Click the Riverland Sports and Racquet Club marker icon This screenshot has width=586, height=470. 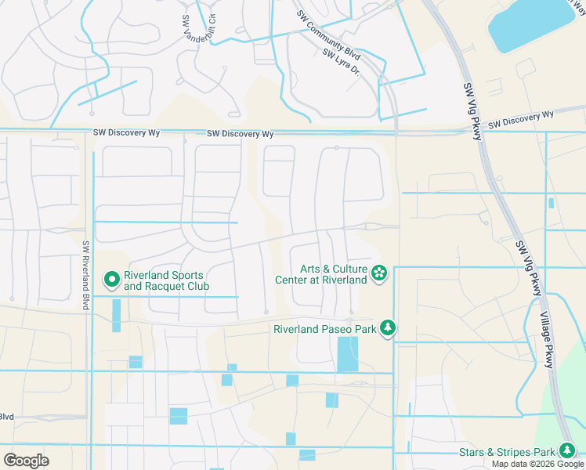coord(111,278)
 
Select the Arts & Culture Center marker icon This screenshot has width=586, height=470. coord(380,273)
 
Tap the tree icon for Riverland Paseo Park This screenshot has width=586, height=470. coord(386,328)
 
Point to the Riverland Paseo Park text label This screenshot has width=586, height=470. coord(324,329)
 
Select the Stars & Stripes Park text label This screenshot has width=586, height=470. coord(507,452)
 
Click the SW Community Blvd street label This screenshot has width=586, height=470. coord(328,36)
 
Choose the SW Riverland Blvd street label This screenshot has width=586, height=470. coord(85,274)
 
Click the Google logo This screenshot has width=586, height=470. coord(26,461)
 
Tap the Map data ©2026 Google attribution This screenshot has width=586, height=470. coord(537,464)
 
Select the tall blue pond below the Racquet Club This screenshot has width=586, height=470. coord(117,315)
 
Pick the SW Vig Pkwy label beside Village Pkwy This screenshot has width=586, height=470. coord(529,268)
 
